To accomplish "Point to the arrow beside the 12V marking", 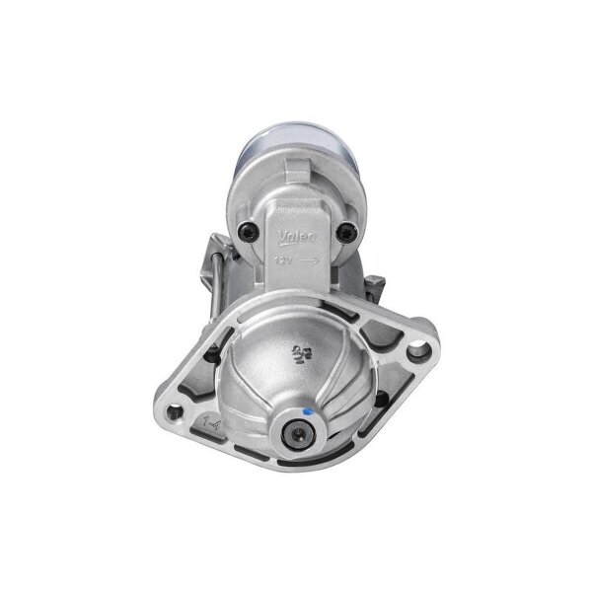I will click(x=308, y=259).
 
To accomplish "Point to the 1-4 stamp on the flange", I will click(x=184, y=421).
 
